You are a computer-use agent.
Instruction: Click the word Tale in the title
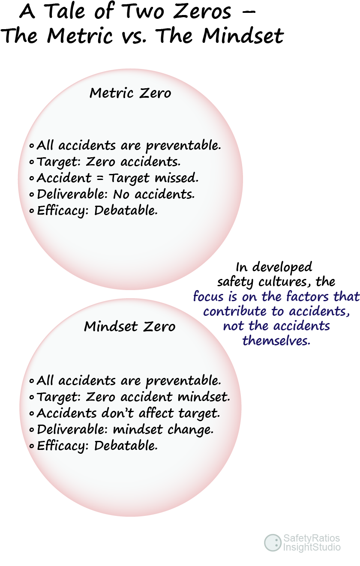point(64,12)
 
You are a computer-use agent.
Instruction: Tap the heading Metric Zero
point(130,93)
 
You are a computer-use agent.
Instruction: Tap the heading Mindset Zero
point(129,326)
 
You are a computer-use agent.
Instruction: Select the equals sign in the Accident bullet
point(100,178)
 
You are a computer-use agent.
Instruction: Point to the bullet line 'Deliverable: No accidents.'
point(112,195)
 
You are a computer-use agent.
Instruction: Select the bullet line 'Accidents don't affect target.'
point(125,413)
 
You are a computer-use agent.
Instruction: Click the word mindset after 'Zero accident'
point(204,397)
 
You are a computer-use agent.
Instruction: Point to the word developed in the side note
point(282,267)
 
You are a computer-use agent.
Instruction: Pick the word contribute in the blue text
point(234,311)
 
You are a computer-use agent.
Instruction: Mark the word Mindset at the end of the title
point(243,36)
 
